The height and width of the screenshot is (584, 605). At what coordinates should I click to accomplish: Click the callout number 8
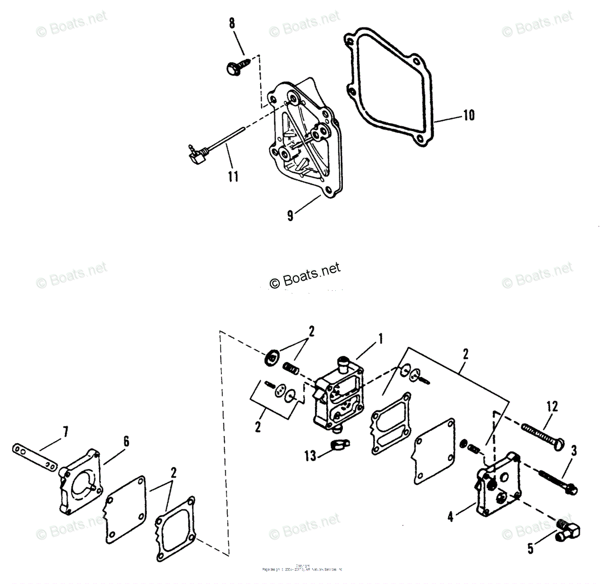pyautogui.click(x=231, y=23)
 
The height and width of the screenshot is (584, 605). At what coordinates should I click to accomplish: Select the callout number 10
pyautogui.click(x=468, y=115)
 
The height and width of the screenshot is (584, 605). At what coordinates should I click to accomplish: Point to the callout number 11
pyautogui.click(x=232, y=177)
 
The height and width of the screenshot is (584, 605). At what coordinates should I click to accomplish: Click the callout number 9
pyautogui.click(x=290, y=216)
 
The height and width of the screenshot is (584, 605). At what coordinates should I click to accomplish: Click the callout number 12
pyautogui.click(x=552, y=407)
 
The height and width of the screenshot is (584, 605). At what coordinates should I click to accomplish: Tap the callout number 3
pyautogui.click(x=574, y=451)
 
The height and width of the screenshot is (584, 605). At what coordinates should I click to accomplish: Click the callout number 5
pyautogui.click(x=530, y=549)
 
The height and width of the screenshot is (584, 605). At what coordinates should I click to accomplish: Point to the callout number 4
pyautogui.click(x=451, y=517)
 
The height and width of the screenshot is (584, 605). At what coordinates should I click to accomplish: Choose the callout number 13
pyautogui.click(x=310, y=456)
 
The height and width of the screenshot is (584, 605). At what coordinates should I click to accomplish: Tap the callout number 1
pyautogui.click(x=381, y=338)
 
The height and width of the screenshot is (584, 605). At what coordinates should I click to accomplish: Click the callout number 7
pyautogui.click(x=65, y=432)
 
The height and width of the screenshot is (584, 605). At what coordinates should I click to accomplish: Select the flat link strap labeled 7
pyautogui.click(x=33, y=457)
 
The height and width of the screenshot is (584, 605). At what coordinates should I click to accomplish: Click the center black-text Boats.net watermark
pyautogui.click(x=306, y=275)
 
